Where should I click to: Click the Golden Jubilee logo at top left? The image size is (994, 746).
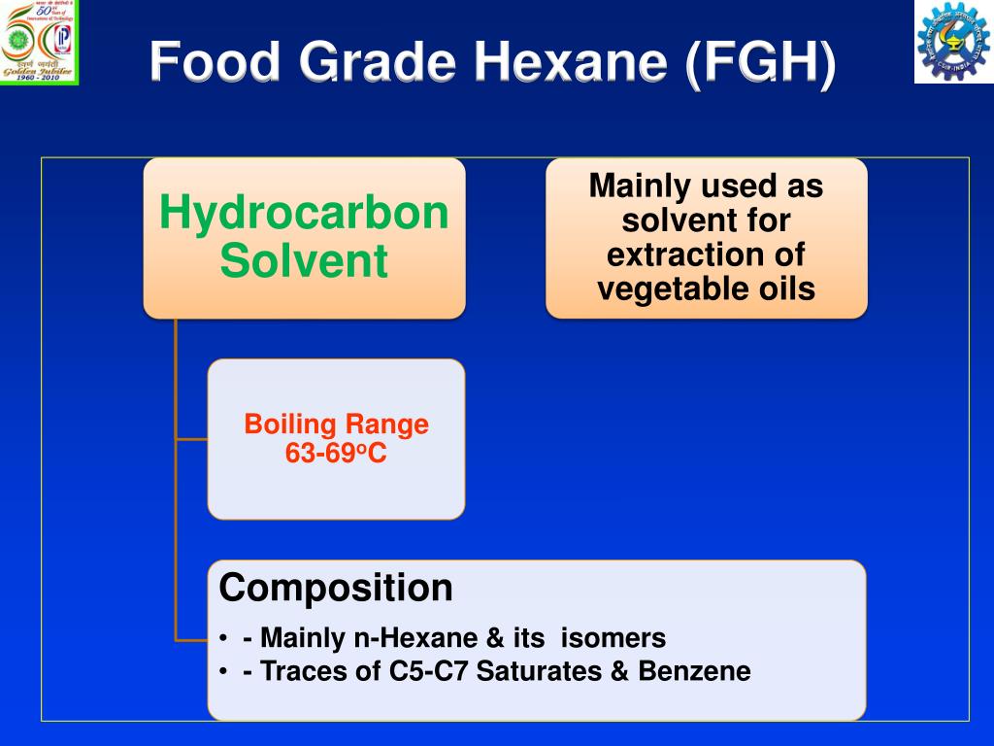(39, 42)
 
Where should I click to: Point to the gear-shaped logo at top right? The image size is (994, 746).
(952, 42)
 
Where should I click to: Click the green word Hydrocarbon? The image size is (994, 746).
(304, 213)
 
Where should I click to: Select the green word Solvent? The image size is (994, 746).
(304, 261)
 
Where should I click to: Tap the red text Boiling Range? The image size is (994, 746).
(336, 424)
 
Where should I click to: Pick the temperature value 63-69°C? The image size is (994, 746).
(336, 453)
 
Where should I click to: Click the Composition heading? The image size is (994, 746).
(336, 589)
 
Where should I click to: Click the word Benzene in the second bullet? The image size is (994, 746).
(694, 671)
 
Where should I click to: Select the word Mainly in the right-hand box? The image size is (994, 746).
(642, 186)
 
